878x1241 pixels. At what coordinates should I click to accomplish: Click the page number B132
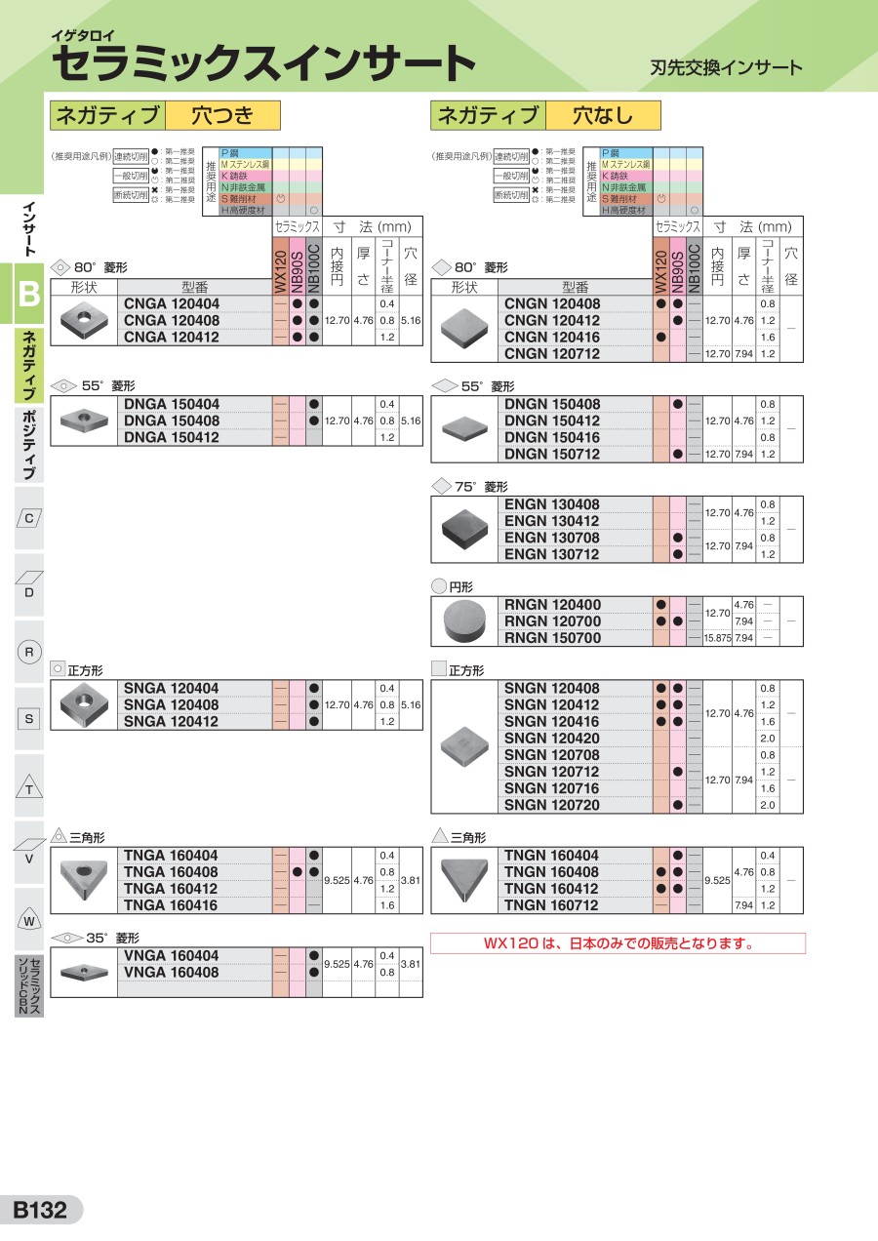(40, 1211)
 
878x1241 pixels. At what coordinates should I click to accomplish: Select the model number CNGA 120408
(172, 320)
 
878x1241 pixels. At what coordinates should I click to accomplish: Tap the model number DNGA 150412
(172, 437)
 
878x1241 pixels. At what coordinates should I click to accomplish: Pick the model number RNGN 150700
(552, 638)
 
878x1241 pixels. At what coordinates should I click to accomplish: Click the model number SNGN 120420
(552, 739)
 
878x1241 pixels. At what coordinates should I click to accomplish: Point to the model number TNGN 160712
(552, 905)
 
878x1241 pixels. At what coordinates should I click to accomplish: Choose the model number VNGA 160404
(172, 956)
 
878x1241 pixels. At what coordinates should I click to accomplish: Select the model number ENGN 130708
(552, 538)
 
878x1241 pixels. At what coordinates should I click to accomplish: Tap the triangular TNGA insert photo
(83, 881)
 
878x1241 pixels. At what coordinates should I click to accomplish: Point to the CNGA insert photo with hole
(83, 321)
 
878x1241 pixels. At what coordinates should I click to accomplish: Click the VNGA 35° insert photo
(83, 971)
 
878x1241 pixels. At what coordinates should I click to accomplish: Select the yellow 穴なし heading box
(603, 116)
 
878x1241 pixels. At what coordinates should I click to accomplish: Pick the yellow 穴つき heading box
(222, 116)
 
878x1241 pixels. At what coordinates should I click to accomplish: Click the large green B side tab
(29, 293)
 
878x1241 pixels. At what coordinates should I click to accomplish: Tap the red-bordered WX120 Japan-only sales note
(619, 943)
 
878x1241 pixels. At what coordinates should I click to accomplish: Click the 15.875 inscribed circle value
(717, 638)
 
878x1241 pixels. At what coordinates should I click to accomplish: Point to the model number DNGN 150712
(552, 454)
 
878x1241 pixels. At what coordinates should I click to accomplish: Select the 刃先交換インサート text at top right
(726, 67)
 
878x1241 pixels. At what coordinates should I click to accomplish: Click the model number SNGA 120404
(172, 689)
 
